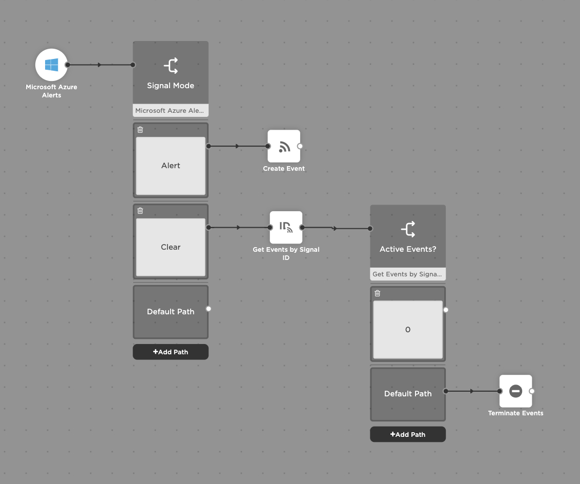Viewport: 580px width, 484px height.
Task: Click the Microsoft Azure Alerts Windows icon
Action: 51,65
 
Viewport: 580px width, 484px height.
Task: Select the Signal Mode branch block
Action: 171,73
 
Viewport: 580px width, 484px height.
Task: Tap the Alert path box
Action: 171,166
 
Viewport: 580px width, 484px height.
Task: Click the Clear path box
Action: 171,247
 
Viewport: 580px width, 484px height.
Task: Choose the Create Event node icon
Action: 284,146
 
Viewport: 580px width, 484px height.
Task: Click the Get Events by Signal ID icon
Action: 286,227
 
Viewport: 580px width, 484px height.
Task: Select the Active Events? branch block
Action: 408,236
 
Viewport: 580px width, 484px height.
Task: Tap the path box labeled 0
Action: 408,330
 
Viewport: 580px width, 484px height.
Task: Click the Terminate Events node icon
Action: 515,391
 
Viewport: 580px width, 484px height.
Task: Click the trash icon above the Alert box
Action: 140,130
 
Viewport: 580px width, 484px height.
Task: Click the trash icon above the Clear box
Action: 140,211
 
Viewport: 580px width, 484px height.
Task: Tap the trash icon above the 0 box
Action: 378,293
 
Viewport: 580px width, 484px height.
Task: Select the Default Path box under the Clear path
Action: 171,312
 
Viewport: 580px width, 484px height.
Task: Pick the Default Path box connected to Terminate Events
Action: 408,394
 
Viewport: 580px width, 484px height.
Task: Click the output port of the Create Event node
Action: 300,146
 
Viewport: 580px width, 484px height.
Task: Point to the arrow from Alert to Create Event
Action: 237,146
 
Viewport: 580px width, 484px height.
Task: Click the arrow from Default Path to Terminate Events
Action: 472,391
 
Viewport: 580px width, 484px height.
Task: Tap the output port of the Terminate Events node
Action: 532,391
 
